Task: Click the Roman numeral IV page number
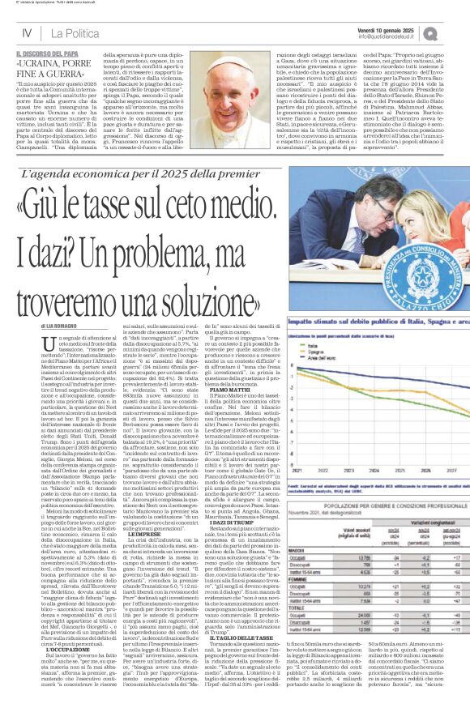click(x=26, y=32)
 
